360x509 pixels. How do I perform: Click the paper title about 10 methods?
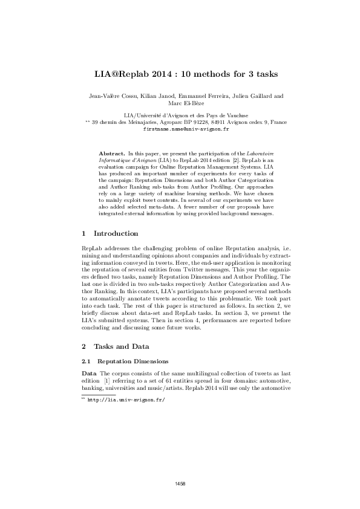click(180, 74)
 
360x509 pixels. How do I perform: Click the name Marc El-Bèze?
click(180, 103)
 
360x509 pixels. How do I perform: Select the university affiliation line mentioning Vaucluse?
click(180, 115)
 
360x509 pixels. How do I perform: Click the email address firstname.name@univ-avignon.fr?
click(180, 129)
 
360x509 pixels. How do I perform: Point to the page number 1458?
click(180, 484)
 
